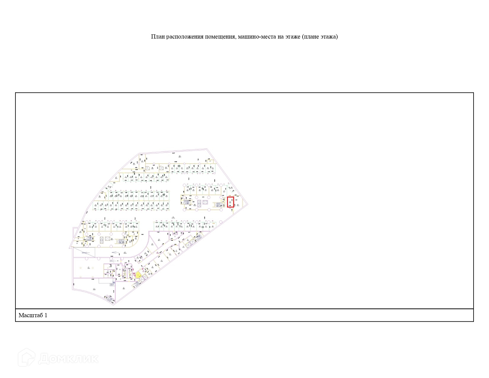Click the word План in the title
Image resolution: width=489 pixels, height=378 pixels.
tap(158, 37)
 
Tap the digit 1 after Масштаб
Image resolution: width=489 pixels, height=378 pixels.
tap(46, 315)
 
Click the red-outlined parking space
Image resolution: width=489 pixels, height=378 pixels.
tap(230, 202)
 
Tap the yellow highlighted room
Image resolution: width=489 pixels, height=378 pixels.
tap(138, 275)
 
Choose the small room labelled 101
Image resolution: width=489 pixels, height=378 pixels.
tap(210, 161)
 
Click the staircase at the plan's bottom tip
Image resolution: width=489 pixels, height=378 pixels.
tap(111, 300)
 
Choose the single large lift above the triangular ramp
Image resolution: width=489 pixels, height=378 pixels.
tap(111, 239)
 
